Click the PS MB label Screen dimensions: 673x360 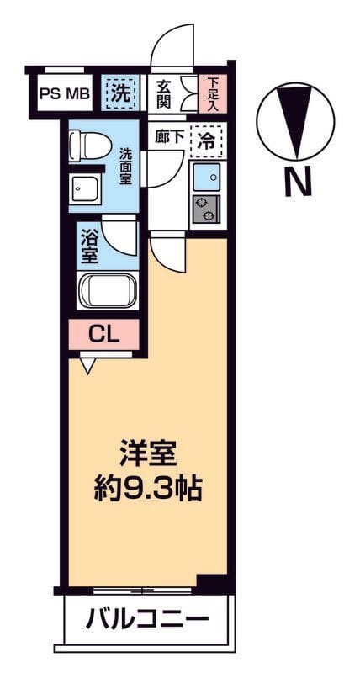pos(64,94)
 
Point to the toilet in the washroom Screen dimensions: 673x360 pos(89,145)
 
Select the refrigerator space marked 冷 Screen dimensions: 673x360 pos(206,140)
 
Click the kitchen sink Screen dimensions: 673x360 pos(206,178)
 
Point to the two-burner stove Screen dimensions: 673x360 pos(206,210)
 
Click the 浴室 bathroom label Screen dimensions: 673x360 pos(90,245)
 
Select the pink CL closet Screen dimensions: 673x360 pos(105,334)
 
